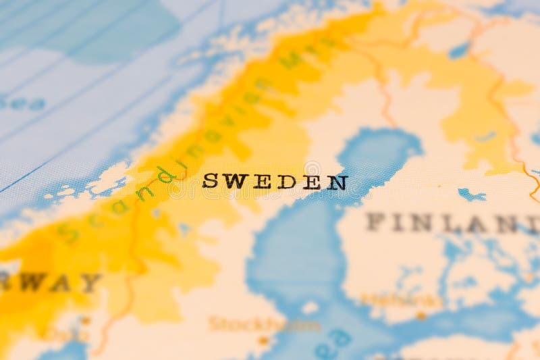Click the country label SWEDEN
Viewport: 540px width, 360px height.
[x=275, y=182]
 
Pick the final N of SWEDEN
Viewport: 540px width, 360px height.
[x=337, y=182]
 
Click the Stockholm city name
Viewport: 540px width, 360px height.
[x=264, y=325]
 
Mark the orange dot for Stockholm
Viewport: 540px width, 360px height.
[x=264, y=340]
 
